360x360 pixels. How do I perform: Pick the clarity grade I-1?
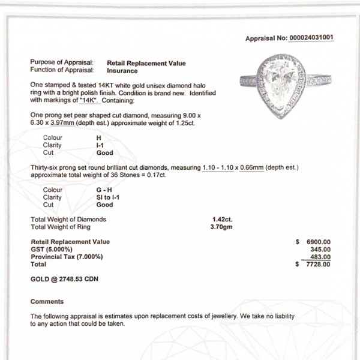coord(91,145)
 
